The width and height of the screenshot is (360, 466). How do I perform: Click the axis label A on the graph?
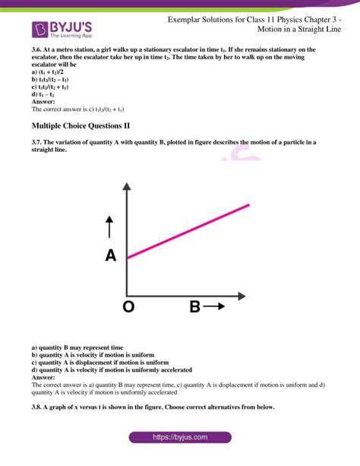pos(111,256)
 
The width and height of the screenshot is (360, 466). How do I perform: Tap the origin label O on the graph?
pos(128,307)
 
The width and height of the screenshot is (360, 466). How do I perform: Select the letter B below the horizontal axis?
pos(195,307)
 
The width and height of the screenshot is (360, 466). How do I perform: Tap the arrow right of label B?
pos(215,307)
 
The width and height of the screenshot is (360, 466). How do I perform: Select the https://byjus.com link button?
pos(179,438)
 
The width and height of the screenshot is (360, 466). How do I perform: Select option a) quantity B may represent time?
pos(77,347)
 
